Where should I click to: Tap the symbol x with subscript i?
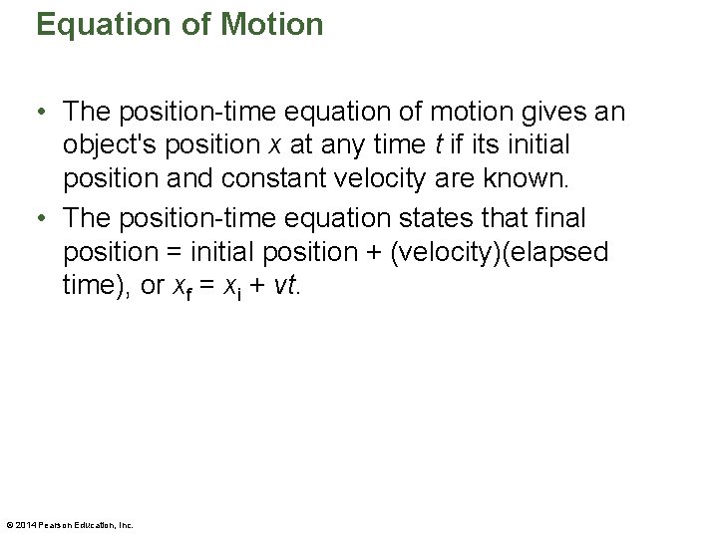tap(230, 287)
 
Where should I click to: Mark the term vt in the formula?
tap(282, 285)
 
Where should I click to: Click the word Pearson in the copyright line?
tap(56, 525)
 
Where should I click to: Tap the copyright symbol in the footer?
tap(8, 525)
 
